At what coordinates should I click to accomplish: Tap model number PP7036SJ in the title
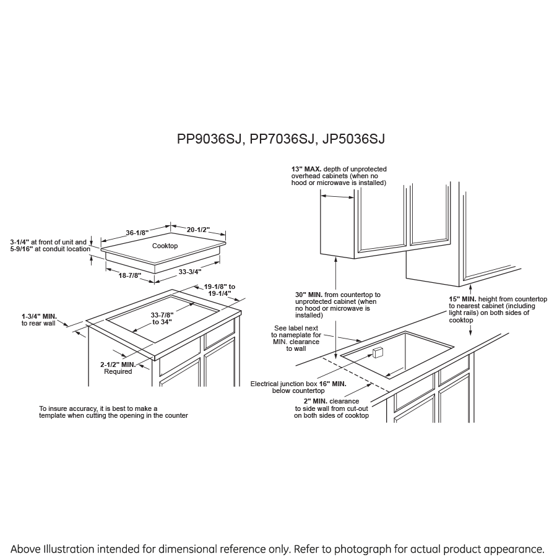(282, 139)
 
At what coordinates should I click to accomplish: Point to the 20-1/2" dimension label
(199, 230)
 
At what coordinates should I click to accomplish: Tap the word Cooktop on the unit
(165, 246)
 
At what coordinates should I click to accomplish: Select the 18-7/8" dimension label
(130, 275)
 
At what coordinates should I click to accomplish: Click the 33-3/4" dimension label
(189, 271)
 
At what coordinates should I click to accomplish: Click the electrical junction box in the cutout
(378, 353)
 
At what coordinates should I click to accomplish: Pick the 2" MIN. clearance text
(310, 401)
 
